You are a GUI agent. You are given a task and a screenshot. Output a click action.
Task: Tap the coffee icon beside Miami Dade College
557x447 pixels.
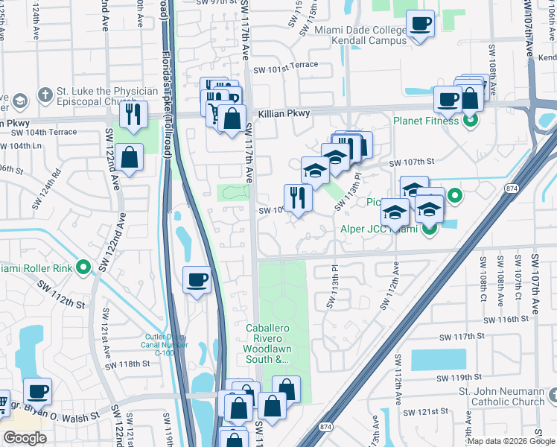point(420,24)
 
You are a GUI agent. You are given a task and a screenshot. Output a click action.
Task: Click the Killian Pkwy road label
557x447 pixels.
point(284,114)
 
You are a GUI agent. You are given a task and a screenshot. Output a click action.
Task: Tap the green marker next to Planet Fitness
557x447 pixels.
point(470,119)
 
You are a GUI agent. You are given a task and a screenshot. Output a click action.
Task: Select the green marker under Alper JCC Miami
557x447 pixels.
point(429,229)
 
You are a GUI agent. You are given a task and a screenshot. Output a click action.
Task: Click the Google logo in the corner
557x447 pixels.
point(25,438)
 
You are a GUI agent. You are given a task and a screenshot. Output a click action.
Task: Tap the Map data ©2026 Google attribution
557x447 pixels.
point(511,441)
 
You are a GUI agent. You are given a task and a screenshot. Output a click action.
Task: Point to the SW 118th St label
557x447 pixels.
point(127,364)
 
